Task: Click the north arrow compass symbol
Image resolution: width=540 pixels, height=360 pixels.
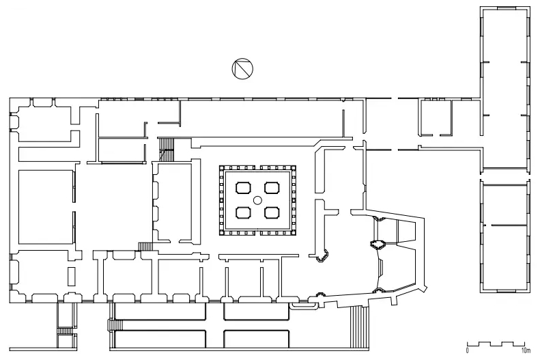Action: [x=242, y=68]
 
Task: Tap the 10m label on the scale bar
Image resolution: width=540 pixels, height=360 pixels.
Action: [x=526, y=350]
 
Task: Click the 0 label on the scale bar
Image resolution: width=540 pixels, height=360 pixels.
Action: [x=468, y=350]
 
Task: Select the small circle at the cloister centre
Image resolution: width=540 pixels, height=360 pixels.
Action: [x=257, y=200]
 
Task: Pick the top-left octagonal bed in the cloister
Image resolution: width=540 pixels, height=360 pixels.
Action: [x=243, y=188]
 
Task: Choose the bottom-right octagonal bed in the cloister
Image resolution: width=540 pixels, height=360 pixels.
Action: [x=272, y=212]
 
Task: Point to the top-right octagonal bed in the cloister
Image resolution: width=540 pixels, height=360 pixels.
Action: [x=272, y=188]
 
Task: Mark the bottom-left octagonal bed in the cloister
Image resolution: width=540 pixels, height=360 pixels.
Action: [x=243, y=212]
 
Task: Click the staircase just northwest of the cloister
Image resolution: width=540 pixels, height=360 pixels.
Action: [x=167, y=149]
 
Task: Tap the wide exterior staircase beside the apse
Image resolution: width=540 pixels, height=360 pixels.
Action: [x=360, y=327]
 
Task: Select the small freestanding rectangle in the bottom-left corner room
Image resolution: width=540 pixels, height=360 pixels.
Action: [x=71, y=276]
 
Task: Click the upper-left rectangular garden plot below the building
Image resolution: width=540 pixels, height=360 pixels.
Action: [x=160, y=311]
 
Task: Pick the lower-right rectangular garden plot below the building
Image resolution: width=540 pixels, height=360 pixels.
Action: [x=257, y=339]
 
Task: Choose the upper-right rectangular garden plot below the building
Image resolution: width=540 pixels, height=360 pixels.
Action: [x=257, y=311]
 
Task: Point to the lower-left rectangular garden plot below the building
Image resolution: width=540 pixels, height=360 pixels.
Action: [x=160, y=339]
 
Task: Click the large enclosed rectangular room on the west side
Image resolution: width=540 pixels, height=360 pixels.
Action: [x=46, y=207]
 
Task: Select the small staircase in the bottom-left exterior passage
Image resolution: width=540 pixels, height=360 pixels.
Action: [x=66, y=331]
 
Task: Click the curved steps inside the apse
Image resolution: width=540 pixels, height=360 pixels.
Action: [x=381, y=268]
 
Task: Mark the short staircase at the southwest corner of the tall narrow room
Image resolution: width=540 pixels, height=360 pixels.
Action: [x=145, y=247]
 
